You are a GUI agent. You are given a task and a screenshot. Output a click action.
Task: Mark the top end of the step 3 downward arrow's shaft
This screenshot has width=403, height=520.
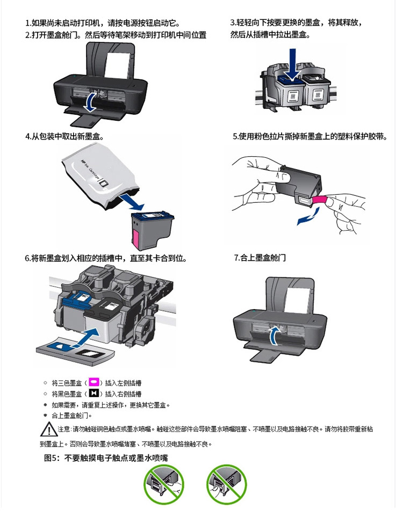click(292, 49)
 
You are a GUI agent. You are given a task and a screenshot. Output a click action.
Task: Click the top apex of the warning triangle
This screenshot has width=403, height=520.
click(49, 422)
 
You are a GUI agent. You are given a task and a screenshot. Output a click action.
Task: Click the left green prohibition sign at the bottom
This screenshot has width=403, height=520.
click(164, 485)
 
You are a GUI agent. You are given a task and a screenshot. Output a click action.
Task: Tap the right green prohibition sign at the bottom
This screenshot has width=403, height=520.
click(226, 485)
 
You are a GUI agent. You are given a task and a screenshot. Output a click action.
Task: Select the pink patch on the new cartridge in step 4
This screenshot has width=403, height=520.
click(136, 237)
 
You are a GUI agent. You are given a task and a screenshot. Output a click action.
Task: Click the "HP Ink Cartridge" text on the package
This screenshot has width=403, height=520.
click(90, 170)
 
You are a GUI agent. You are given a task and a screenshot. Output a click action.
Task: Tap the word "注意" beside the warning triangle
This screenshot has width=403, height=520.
click(64, 429)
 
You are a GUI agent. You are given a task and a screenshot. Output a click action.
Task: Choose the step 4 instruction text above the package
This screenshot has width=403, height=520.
click(64, 136)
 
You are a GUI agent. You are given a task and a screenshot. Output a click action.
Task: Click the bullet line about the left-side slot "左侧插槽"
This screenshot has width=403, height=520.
click(97, 383)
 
